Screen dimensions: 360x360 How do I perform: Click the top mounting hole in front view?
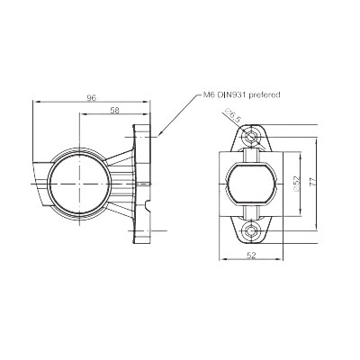tap(252, 136)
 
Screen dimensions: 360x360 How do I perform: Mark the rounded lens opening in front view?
tap(252, 183)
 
